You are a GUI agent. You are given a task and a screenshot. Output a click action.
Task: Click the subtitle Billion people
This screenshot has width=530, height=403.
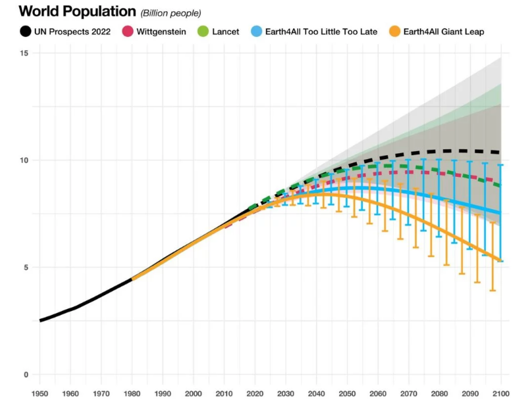point(171,13)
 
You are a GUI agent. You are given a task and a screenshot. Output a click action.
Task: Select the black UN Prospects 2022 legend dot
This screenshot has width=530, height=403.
point(25,31)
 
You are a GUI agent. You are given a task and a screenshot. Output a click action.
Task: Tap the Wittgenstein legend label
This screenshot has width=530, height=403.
point(161,31)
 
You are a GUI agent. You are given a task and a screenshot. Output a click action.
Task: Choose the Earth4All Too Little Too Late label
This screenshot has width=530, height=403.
point(321,31)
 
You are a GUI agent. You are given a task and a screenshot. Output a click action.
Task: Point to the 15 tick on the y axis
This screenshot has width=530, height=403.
point(25,53)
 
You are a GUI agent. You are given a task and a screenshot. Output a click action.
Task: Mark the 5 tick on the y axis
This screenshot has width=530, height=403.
point(26,267)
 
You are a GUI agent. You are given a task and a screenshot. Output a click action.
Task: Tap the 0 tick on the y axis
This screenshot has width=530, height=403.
point(26,375)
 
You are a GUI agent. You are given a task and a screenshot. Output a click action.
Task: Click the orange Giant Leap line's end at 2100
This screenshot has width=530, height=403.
point(500,260)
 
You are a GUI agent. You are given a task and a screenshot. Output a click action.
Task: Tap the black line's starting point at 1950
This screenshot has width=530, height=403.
point(41,320)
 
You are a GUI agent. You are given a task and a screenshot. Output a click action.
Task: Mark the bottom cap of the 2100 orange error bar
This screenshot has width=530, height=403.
point(492,291)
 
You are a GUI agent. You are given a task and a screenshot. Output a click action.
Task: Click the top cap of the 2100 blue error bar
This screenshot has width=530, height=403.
point(501,165)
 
